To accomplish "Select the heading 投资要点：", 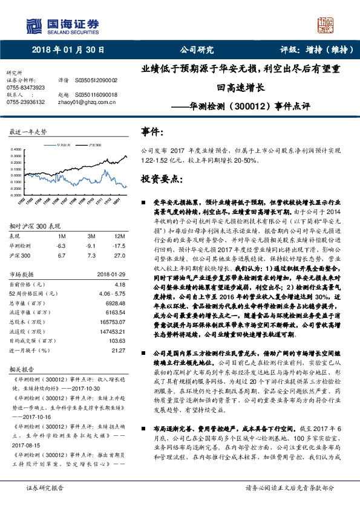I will pos(160,180).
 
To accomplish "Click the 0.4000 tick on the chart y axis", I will pos(16,148).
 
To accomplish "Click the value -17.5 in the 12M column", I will pos(119,246).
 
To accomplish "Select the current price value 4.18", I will pos(120,284).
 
